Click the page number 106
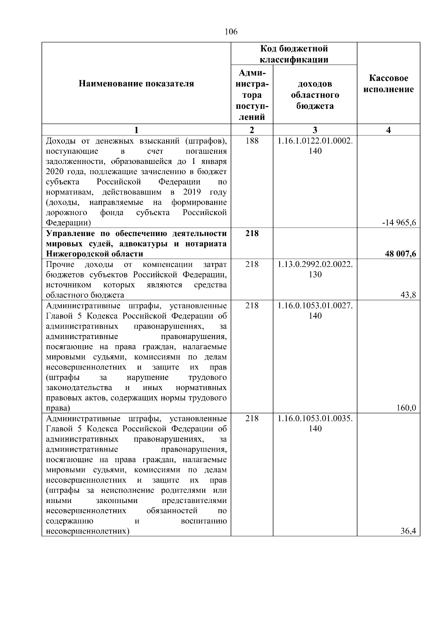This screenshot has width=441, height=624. pos(231,32)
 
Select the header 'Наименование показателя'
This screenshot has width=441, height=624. pos(136,84)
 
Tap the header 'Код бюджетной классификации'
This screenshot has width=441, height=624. pos(294,54)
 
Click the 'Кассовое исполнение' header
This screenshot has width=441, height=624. pos(388,84)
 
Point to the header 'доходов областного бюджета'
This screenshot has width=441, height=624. pos(315,95)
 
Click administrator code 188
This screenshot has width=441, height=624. pos(252,141)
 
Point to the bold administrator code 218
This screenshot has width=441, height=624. pos(252,233)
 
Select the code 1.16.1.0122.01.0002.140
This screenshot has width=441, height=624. pos(315,146)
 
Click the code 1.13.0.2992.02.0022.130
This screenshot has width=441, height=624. pos(315,269)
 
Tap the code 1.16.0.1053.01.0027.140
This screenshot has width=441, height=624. pos(315,310)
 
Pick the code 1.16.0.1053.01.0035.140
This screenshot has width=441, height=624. pos(315,423)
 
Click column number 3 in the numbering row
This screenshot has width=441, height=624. pos(315,130)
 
